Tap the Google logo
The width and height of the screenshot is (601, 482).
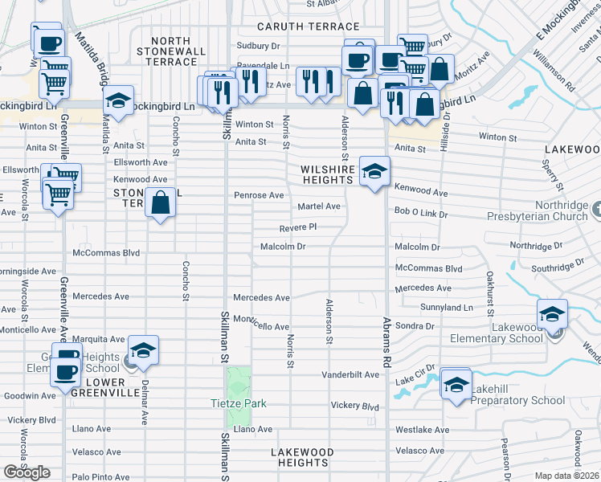tap(27, 472)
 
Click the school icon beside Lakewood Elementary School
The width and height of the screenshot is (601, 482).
tap(552, 314)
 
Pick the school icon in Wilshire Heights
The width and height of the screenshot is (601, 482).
tap(374, 171)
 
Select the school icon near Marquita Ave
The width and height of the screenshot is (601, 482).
tap(143, 349)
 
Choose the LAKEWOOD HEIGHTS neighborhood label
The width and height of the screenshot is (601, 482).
tap(300, 457)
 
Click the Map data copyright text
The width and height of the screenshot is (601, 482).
tap(566, 476)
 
